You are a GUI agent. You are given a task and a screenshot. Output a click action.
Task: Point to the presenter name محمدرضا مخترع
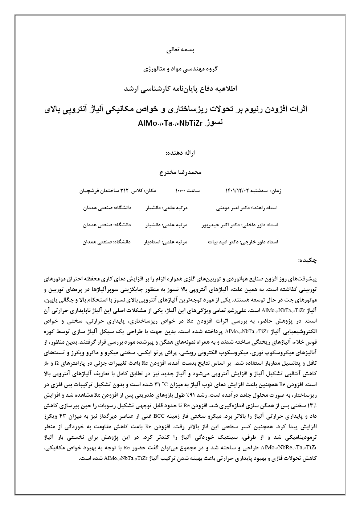[x=180, y=171]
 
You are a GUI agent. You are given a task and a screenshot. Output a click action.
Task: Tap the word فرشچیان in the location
[x=89, y=190]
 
